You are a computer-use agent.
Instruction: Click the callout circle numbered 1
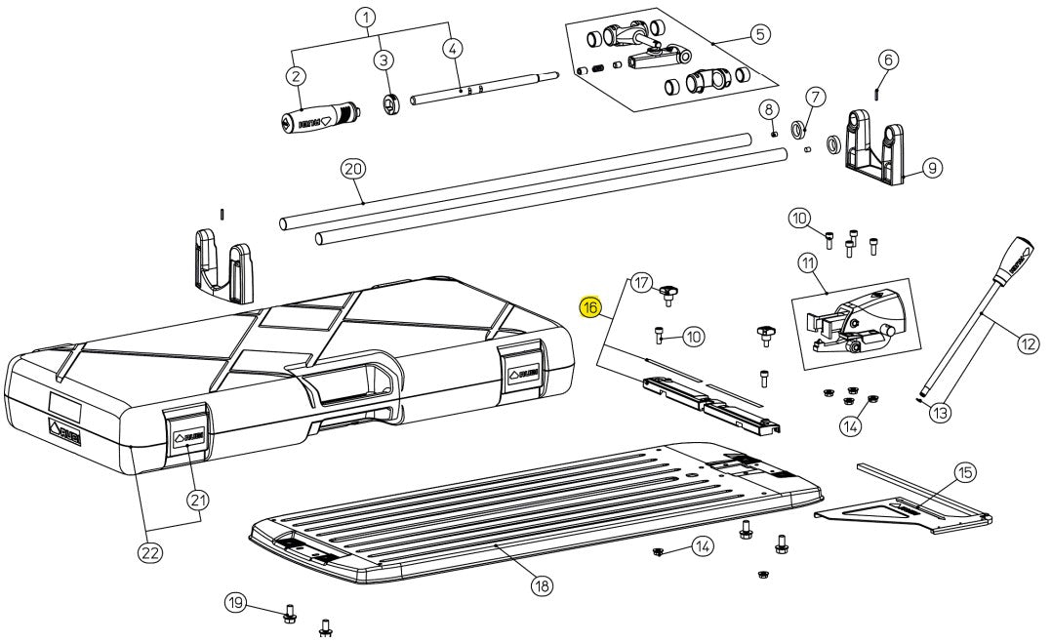pos(365,18)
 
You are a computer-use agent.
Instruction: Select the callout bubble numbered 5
pos(760,33)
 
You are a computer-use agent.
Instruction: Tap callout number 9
pos(932,169)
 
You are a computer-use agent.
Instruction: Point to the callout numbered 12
pos(1028,342)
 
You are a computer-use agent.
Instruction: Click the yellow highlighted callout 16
pos(590,308)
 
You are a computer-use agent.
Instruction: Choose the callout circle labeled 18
pos(540,585)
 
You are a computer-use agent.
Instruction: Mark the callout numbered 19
pos(234,602)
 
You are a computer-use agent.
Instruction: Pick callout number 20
pos(352,169)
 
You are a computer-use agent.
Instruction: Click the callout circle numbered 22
pos(149,553)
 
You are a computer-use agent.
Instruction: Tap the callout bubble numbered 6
pos(887,60)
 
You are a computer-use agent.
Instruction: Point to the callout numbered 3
pos(384,60)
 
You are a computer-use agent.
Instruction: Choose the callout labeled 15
pos(964,473)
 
